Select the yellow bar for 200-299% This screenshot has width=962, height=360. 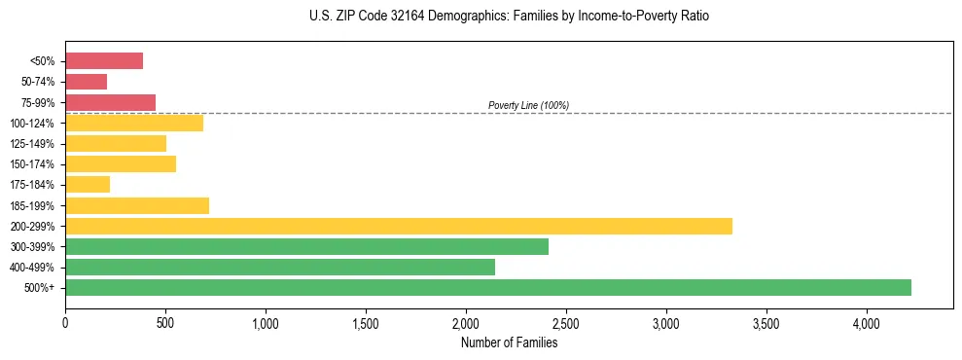tap(399, 226)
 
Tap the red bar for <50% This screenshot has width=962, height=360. tap(104, 61)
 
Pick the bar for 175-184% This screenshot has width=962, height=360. tap(88, 185)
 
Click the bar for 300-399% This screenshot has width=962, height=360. tap(306, 246)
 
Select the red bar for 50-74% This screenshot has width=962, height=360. tap(86, 82)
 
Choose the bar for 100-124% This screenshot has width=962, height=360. tap(134, 123)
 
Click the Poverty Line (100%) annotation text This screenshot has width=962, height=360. tap(528, 105)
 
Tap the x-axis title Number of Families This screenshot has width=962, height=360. tap(509, 342)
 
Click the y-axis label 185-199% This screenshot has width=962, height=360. tap(37, 206)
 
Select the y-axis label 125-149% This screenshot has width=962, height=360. tap(37, 144)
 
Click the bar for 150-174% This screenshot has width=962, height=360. tap(121, 164)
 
